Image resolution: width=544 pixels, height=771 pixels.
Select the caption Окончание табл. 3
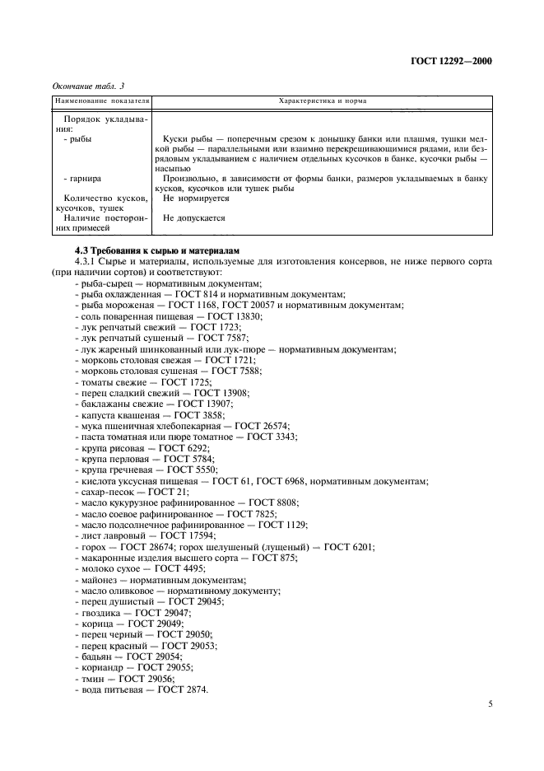[x=87, y=85]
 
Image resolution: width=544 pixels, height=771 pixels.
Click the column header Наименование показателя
[x=101, y=100]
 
